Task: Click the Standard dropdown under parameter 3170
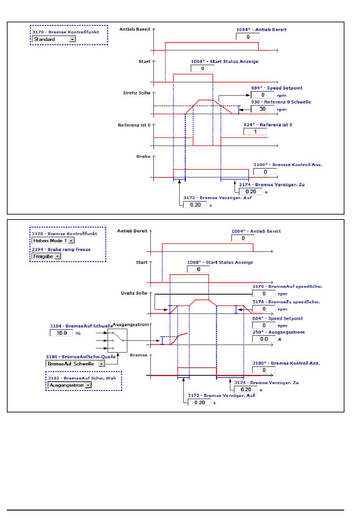click(x=54, y=39)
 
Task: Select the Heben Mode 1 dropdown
click(x=53, y=240)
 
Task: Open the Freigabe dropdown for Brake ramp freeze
click(x=46, y=256)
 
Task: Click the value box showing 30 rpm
click(x=262, y=109)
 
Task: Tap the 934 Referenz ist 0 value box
click(x=255, y=132)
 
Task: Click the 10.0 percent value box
click(x=61, y=333)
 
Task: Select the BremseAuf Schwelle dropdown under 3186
click(x=75, y=364)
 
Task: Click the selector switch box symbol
click(x=117, y=340)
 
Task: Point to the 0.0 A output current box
click(x=264, y=339)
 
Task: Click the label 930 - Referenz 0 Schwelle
click(x=281, y=102)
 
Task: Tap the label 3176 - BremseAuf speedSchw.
click(x=287, y=286)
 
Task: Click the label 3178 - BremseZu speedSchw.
click(x=286, y=302)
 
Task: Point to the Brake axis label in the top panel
click(x=143, y=157)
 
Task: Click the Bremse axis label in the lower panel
click(x=139, y=355)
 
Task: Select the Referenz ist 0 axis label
click(x=134, y=125)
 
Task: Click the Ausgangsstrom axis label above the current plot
click(x=131, y=325)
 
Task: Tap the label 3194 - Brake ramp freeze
click(x=61, y=249)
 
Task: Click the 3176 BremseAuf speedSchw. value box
click(x=264, y=293)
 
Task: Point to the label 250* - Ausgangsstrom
click(x=279, y=332)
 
